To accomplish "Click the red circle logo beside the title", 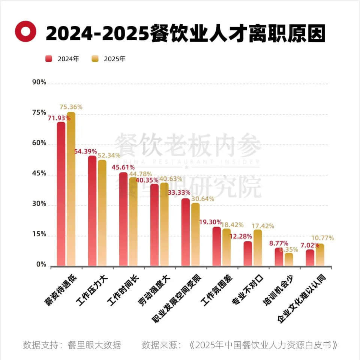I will pos(25,31).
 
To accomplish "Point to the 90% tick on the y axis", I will pos(39,82).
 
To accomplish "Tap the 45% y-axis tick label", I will pos(39,174).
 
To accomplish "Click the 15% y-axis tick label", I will pos(39,235).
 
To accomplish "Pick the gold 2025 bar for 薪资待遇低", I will pos(71,189).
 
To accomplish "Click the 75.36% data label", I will pos(71,107).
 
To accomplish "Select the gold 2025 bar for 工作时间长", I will pos(133,221).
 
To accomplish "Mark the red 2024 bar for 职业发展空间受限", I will pos(186,232).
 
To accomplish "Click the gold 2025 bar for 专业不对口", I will pos(258,247).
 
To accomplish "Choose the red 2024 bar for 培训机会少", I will pos(279,256).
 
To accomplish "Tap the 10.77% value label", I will pos(322,238).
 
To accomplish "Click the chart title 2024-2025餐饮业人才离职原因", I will pos(186,33).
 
